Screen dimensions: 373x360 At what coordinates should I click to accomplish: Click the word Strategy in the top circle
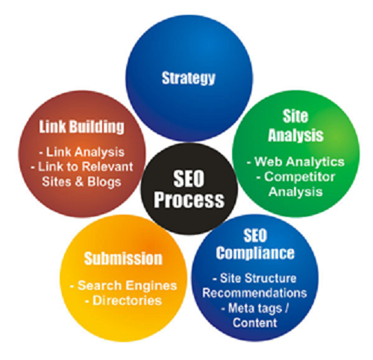(x=188, y=78)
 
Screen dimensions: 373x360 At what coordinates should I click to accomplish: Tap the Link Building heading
(x=81, y=127)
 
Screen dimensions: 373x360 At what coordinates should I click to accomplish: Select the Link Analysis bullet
(x=82, y=152)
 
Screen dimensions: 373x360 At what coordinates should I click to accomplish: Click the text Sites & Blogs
(x=81, y=181)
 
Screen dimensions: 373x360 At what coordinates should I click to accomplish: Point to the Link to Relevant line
(x=82, y=166)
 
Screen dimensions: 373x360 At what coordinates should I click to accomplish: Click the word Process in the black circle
(x=189, y=200)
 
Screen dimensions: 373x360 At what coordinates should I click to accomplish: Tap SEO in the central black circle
(x=189, y=180)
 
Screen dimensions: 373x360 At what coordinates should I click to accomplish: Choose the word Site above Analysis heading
(x=295, y=116)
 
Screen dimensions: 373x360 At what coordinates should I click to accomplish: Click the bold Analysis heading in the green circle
(x=295, y=135)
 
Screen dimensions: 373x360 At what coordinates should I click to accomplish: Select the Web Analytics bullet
(x=295, y=162)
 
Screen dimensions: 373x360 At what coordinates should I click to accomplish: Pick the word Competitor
(x=296, y=177)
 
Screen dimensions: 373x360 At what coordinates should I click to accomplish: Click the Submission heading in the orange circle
(x=123, y=259)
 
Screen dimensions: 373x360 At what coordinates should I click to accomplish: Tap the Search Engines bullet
(x=124, y=285)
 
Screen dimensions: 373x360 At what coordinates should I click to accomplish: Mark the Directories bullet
(x=124, y=300)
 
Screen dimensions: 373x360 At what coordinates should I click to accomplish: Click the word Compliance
(x=255, y=253)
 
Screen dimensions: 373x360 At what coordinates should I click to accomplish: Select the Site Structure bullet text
(x=254, y=278)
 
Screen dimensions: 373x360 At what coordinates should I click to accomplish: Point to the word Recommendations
(x=254, y=293)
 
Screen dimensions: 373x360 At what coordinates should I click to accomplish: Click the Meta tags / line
(x=254, y=309)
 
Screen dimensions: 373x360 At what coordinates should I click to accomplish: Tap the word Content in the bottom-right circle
(x=255, y=323)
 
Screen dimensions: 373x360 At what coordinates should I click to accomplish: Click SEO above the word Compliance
(x=255, y=236)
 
